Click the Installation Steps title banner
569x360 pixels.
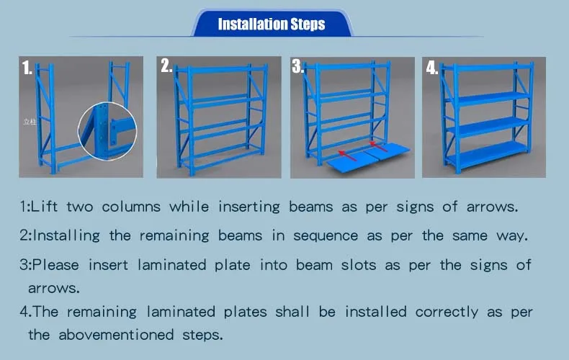(x=272, y=24)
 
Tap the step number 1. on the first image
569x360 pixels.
(x=27, y=68)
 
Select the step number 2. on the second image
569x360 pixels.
(x=166, y=66)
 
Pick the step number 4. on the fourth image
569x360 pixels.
(x=431, y=68)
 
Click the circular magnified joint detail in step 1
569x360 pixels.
(x=109, y=130)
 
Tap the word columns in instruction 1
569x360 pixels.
(x=132, y=207)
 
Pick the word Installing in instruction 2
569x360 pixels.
(x=68, y=235)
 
